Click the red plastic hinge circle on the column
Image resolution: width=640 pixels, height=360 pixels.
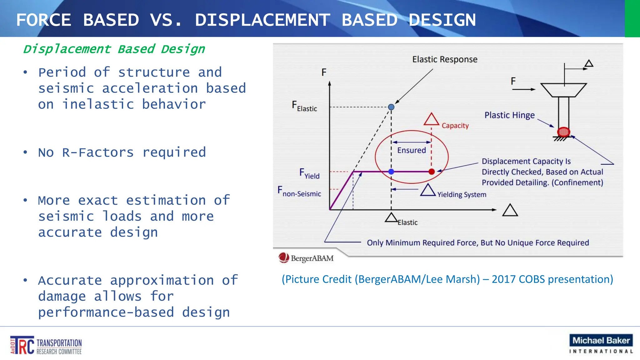click(563, 132)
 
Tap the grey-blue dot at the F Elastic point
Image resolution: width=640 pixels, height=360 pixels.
click(391, 107)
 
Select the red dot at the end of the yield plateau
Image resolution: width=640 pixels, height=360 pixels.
click(432, 172)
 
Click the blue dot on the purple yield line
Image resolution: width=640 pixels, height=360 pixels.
click(391, 172)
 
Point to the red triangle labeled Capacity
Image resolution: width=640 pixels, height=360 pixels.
click(431, 120)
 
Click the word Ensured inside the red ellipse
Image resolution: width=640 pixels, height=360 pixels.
click(411, 150)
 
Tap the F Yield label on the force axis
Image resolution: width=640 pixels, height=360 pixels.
click(309, 173)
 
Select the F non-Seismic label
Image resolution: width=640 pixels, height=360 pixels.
click(299, 191)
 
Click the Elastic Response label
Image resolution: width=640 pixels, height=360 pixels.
click(444, 59)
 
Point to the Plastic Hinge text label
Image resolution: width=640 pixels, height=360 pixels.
click(509, 115)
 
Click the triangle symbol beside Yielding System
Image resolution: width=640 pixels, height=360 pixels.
click(428, 190)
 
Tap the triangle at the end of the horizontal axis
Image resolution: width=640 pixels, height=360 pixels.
click(510, 210)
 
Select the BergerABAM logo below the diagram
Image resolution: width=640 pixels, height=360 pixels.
click(306, 258)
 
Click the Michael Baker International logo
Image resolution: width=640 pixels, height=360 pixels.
click(601, 344)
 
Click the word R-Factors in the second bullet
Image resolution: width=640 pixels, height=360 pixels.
click(98, 152)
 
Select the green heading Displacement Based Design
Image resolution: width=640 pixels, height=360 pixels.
click(114, 49)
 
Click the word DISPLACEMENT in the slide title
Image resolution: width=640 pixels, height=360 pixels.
click(262, 20)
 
